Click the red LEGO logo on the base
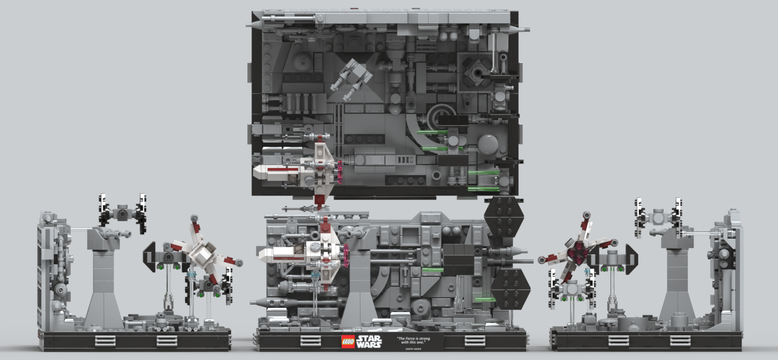tap(348, 342)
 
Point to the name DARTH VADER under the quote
tap(412, 349)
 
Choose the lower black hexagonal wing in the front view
tap(510, 288)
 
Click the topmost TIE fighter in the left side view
tap(122, 213)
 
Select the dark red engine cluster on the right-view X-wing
tap(578, 251)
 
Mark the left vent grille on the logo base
tap(310, 341)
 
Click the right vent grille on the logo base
tap(474, 341)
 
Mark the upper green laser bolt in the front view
tap(432, 270)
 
